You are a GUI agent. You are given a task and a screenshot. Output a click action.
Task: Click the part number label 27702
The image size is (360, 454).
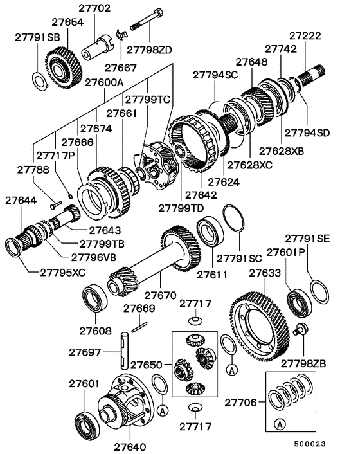click(x=94, y=8)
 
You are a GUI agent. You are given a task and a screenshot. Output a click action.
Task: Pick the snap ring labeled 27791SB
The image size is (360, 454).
click(x=39, y=80)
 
